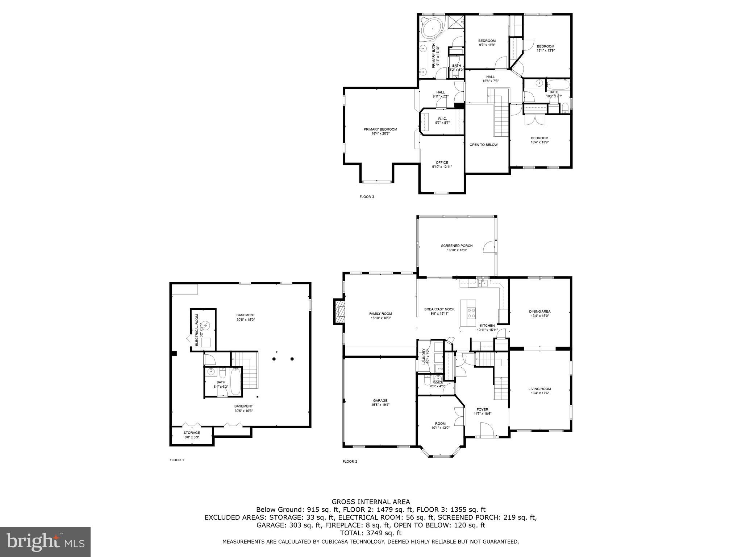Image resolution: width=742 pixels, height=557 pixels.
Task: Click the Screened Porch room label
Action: pos(457,246)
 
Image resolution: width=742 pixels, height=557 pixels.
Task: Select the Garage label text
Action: pos(380,401)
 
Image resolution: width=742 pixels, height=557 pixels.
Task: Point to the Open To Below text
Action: pos(483,145)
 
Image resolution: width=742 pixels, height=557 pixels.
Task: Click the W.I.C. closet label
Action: pos(442,119)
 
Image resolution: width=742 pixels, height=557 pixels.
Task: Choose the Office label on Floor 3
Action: pos(442,162)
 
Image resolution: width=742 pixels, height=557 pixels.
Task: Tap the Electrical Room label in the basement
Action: pos(197,330)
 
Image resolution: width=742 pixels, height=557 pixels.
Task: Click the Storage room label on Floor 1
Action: pos(192,433)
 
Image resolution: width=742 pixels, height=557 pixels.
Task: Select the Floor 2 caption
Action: pos(350,462)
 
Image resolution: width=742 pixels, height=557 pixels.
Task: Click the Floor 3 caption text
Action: pos(367,197)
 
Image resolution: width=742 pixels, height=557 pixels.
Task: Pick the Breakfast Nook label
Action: pos(439,309)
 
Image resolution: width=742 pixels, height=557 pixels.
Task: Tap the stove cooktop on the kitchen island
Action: pos(471,313)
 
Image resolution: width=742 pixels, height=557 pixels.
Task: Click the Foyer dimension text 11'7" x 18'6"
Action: pos(483,414)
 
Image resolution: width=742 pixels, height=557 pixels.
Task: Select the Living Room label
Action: pos(539,389)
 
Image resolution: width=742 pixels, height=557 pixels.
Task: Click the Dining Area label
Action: pos(539,311)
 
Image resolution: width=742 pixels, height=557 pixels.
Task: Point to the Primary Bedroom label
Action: pos(380,129)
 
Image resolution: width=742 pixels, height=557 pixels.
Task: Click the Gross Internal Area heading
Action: pos(371,502)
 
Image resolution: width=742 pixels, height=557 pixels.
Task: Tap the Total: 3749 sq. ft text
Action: pos(371,533)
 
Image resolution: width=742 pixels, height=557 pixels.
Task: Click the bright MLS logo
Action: pos(45,542)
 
